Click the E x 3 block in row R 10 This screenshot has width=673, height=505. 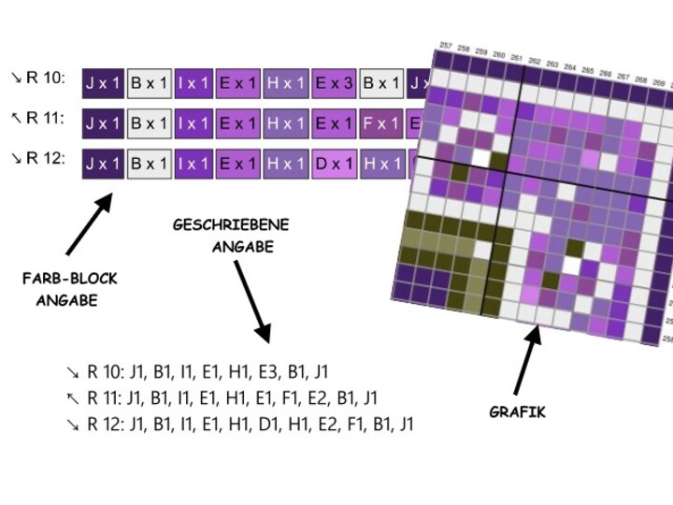point(335,82)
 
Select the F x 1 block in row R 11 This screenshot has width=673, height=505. point(381,123)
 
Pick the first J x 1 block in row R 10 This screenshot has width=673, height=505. point(103,82)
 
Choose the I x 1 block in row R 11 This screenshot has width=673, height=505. point(193,123)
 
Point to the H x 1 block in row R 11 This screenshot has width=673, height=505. point(286,123)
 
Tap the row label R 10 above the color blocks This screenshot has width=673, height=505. point(45,78)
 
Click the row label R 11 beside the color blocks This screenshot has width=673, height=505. point(45,119)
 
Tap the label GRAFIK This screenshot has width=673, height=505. point(518,411)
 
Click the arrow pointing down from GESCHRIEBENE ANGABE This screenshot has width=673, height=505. point(251,299)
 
